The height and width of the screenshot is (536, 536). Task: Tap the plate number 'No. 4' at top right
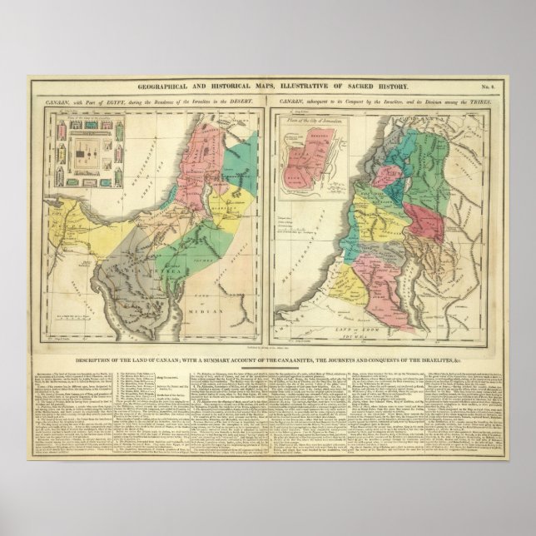(x=494, y=87)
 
